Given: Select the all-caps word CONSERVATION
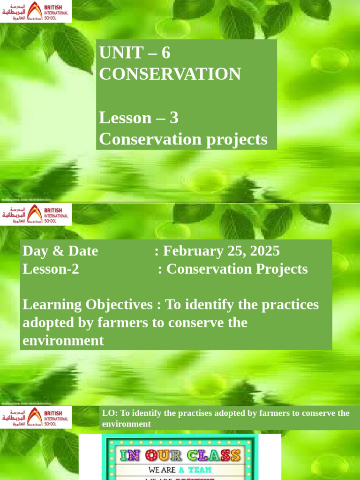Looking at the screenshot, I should click(170, 74).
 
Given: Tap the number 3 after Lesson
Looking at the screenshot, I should click(174, 118).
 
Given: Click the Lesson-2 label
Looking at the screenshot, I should click(51, 269).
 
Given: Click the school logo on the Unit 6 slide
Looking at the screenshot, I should click(36, 11).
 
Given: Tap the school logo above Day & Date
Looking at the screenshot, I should click(36, 215).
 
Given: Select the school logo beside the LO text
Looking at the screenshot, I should click(36, 417).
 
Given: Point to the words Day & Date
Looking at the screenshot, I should click(60, 251).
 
